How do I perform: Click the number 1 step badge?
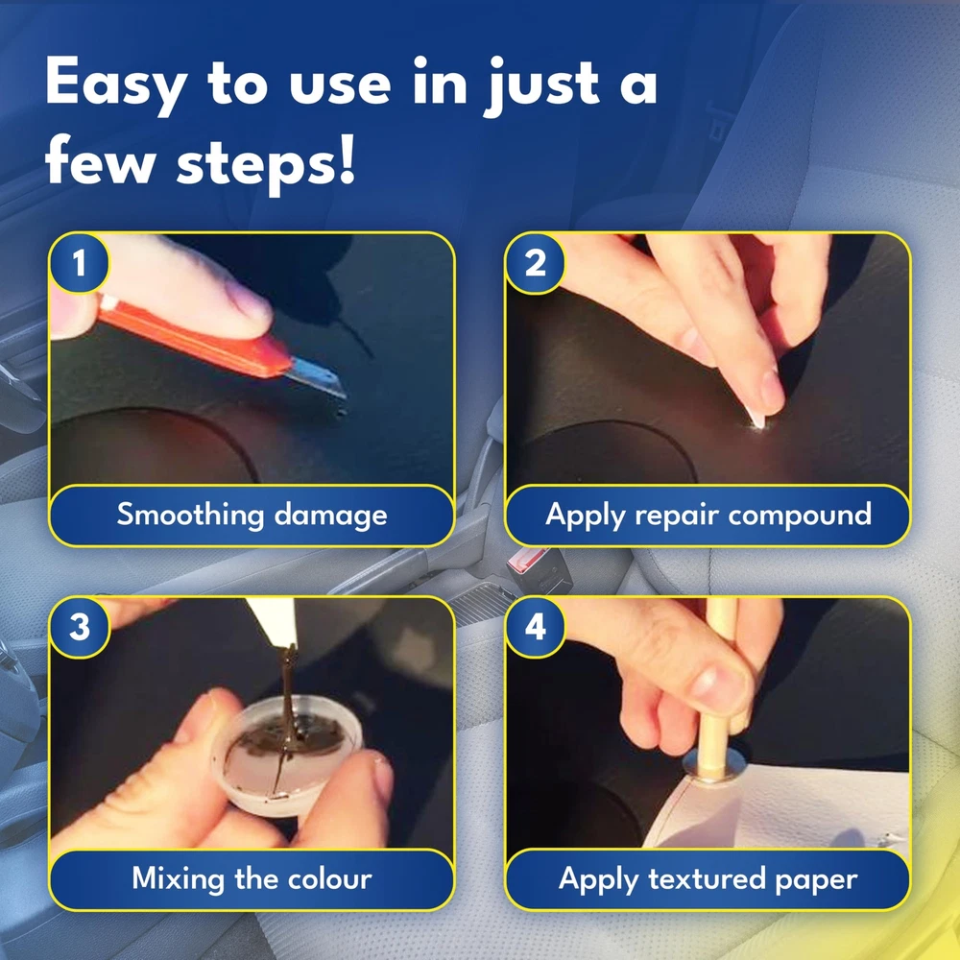(x=79, y=263)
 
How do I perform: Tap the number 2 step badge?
(x=535, y=263)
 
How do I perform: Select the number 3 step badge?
(x=79, y=628)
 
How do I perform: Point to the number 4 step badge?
(x=535, y=628)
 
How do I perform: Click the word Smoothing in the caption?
(x=191, y=515)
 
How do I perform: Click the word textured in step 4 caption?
(x=708, y=879)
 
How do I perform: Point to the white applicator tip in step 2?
(x=756, y=420)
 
